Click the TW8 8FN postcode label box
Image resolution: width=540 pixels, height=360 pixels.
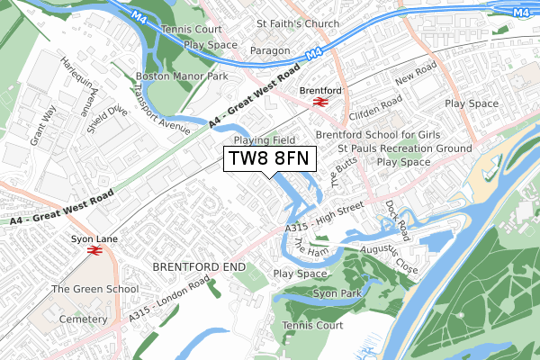(269, 159)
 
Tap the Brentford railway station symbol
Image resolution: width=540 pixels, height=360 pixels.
(319, 102)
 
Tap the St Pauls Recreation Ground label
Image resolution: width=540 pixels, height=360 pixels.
(404, 148)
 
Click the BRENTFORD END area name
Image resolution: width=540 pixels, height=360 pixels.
(198, 267)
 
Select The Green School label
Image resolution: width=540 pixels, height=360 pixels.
(94, 289)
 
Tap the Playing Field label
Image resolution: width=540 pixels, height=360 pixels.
(265, 140)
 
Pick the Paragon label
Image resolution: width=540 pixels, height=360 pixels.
(270, 50)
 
